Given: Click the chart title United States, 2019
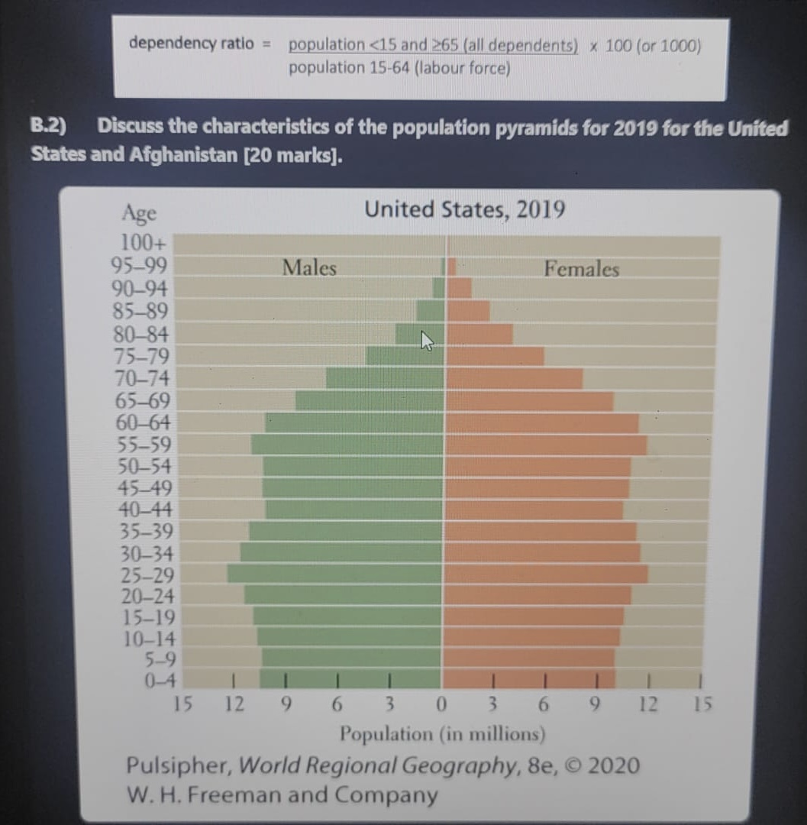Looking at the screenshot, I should [464, 209].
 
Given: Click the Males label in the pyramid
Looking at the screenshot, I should [309, 268].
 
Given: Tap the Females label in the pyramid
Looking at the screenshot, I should [581, 269].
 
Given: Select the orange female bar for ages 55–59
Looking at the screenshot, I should [546, 445].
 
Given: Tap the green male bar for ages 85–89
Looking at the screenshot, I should [430, 311].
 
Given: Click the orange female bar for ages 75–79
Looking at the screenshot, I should [495, 356].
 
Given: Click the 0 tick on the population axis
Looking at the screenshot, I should [441, 704].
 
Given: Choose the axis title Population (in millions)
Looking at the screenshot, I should [442, 734].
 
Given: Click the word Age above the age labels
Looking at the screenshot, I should [139, 213].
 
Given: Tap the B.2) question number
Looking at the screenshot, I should [48, 127].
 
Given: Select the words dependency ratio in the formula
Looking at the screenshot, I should [191, 43].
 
